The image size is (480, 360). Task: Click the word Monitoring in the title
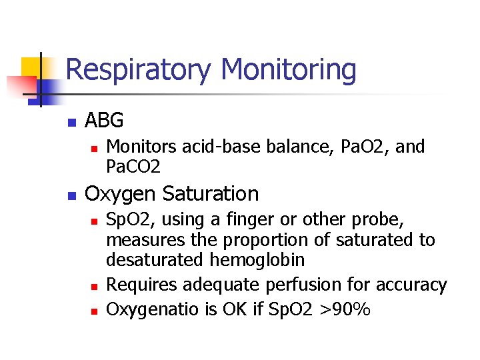(289, 70)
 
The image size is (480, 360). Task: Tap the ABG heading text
(105, 121)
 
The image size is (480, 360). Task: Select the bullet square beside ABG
(71, 123)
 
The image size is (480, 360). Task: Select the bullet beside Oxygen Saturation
(71, 196)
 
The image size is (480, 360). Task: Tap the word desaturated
(157, 259)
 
